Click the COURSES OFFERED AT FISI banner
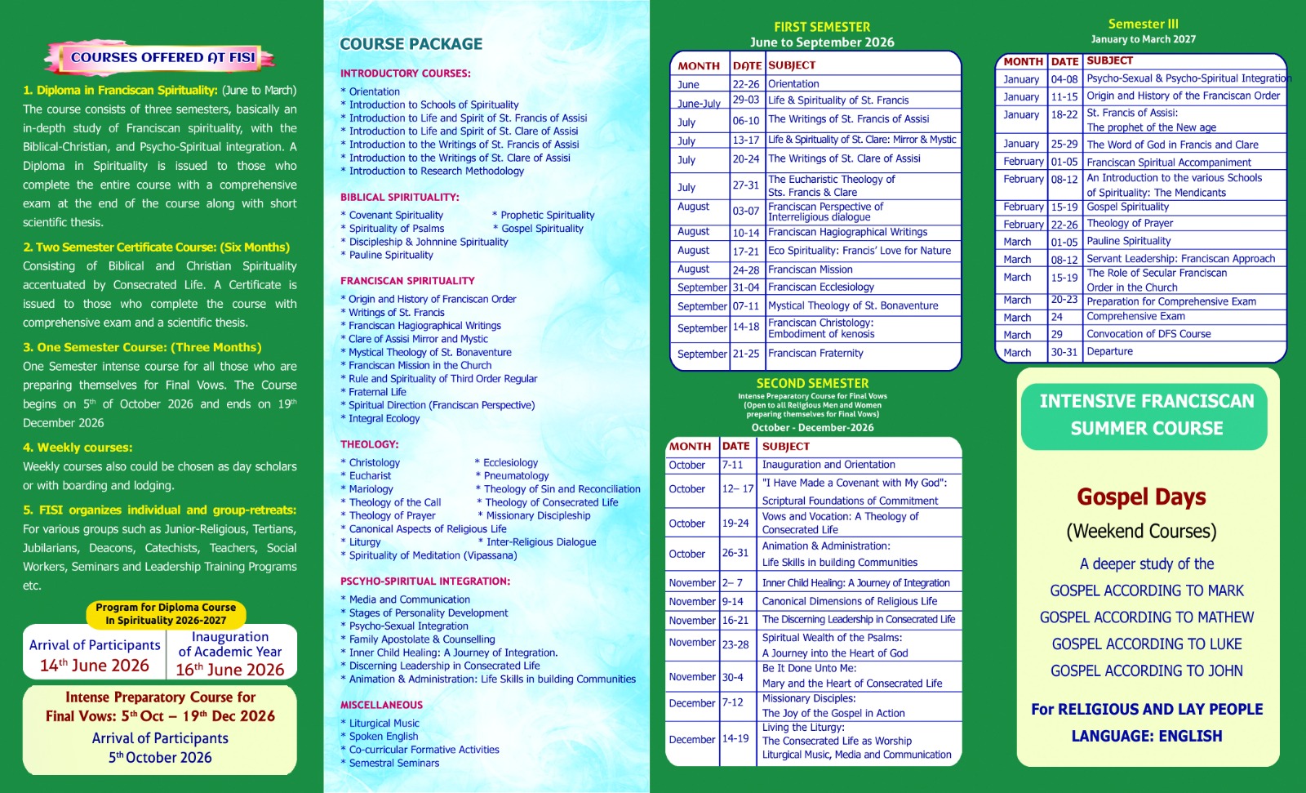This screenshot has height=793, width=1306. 162,58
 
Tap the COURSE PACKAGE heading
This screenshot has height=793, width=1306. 411,44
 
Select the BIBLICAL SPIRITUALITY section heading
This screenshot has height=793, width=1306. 399,197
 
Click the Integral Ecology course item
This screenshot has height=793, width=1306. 384,418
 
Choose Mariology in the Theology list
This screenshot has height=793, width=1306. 371,489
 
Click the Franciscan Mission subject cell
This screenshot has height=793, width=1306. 810,270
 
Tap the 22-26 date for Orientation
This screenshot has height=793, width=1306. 745,84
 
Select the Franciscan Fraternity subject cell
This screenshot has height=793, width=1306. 815,354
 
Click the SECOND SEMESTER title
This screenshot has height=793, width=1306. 812,383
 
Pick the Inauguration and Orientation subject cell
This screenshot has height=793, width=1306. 828,465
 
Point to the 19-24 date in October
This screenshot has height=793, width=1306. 735,523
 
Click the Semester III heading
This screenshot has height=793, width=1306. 1143,25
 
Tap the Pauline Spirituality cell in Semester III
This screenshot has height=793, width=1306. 1128,241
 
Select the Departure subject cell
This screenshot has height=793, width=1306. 1109,352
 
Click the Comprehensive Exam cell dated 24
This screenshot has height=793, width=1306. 1135,317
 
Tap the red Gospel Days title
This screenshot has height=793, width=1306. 1141,497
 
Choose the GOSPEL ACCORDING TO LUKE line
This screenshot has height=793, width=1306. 1146,644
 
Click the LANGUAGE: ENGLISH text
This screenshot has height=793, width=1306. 1146,736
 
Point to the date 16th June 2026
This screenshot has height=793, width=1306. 230,670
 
